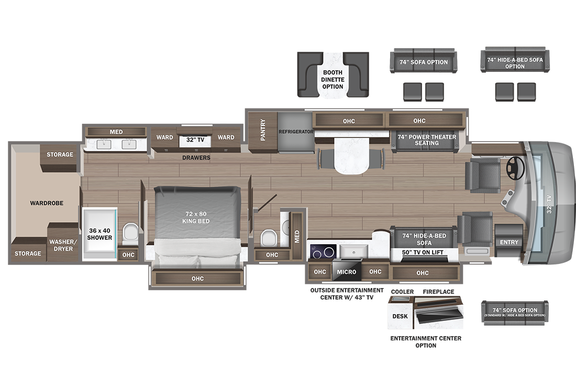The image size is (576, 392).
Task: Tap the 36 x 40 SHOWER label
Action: [x=99, y=234]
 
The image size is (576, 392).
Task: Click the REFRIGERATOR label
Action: [x=296, y=132]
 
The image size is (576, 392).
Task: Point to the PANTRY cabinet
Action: [x=262, y=132]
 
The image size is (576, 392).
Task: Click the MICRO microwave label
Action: [x=347, y=272]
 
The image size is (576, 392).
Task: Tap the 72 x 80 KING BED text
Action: [x=196, y=217]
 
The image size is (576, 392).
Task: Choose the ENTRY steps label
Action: [x=509, y=243]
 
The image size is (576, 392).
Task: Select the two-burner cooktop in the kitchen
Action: [x=323, y=252]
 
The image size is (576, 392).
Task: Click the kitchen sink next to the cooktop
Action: [x=353, y=251]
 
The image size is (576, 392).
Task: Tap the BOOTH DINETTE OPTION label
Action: [x=333, y=79]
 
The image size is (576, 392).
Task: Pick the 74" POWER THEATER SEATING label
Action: [x=426, y=140]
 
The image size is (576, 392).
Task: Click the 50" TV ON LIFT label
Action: [x=423, y=252]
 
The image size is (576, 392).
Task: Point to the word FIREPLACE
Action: [x=438, y=292]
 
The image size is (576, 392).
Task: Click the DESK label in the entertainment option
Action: [x=400, y=316]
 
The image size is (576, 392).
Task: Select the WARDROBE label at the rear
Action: [x=47, y=203]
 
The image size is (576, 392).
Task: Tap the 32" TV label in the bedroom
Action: [x=195, y=140]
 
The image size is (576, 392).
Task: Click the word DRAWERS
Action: [x=196, y=158]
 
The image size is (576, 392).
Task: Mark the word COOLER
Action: [x=402, y=292]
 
